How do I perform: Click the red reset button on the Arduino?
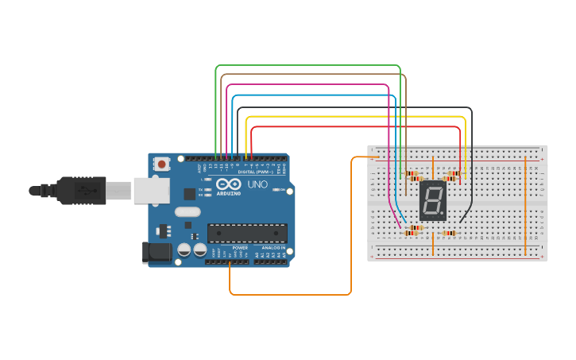162,165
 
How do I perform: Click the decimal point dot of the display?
443,215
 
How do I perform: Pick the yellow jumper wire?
350,117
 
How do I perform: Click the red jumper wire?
350,126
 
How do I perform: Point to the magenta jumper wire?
310,84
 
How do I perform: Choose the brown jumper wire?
310,75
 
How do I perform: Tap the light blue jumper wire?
310,95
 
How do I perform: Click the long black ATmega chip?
247,233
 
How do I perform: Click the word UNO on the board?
257,184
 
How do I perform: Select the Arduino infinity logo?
227,184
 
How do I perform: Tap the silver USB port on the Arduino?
151,190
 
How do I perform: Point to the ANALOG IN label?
270,248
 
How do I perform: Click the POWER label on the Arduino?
240,248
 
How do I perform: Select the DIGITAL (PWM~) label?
256,172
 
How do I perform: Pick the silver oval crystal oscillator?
187,212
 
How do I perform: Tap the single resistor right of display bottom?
449,233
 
